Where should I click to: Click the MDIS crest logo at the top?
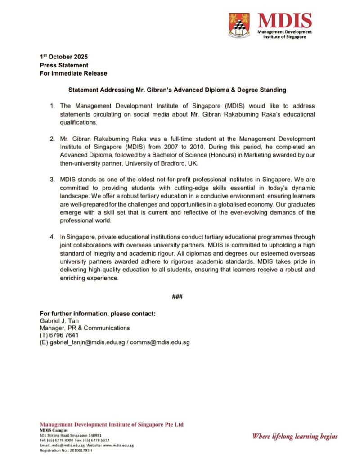pos(239,24)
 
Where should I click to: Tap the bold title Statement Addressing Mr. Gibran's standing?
pos(177,90)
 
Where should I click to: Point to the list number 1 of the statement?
pos(52,106)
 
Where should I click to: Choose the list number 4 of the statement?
pos(52,237)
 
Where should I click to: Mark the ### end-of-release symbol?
pos(177,297)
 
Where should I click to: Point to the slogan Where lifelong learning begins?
pos(295,436)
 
